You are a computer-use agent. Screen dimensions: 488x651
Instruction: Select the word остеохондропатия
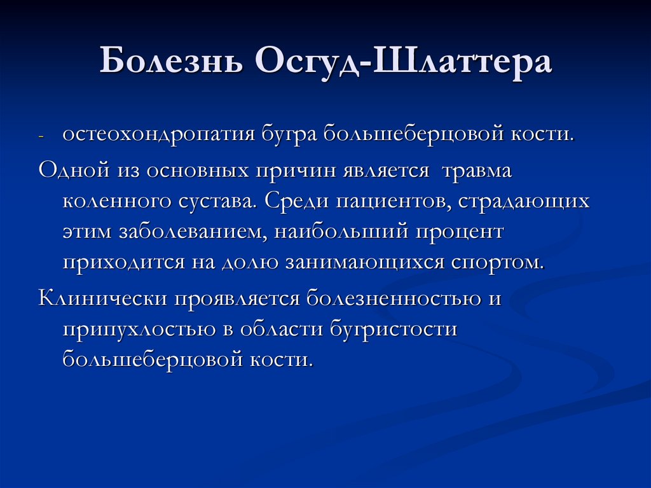point(158,135)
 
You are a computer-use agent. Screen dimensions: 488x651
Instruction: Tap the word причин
point(296,169)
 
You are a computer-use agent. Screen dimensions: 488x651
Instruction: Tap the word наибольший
point(341,232)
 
